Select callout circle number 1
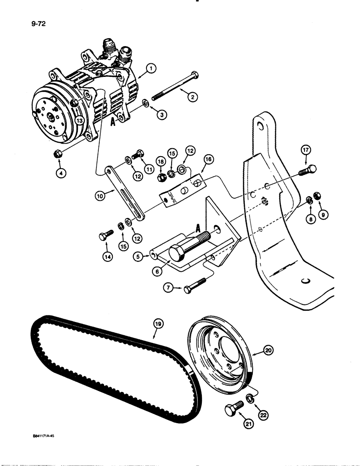coord(150,69)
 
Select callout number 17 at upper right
coord(305,150)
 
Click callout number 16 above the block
coord(208,160)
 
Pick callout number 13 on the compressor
coord(81,121)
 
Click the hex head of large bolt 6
coord(178,253)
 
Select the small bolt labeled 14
coord(104,236)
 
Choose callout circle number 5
coord(137,255)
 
